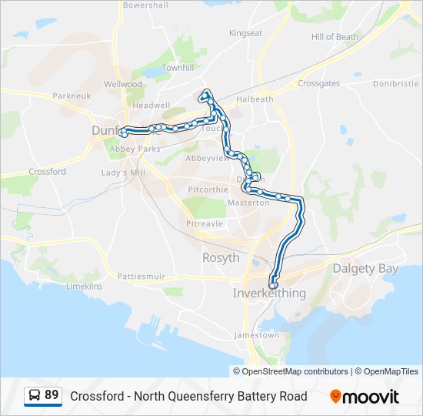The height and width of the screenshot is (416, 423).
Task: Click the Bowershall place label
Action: point(145,5)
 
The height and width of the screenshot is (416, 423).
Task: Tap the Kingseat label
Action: point(245,33)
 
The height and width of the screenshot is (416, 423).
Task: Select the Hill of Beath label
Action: point(335,37)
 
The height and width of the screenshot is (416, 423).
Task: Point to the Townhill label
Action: point(178,68)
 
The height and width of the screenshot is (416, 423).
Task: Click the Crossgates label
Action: point(318,83)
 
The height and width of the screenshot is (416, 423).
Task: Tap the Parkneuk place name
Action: point(72,96)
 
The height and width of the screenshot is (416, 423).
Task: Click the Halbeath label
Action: point(255,99)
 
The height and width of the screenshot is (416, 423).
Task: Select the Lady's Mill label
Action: point(123,173)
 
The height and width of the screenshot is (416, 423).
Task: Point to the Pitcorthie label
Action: point(208,189)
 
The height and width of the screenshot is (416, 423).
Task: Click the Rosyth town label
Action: point(221,258)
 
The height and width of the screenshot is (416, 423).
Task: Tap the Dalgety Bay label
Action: point(365,268)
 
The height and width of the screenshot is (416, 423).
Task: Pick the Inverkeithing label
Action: point(269,294)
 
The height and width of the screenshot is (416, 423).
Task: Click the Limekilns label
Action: point(85,286)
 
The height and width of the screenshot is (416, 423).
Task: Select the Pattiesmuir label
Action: point(142,275)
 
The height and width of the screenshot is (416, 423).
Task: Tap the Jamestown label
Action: point(257,335)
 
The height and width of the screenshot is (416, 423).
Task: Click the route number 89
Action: point(52,395)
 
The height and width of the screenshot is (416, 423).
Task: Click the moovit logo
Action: point(365,397)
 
